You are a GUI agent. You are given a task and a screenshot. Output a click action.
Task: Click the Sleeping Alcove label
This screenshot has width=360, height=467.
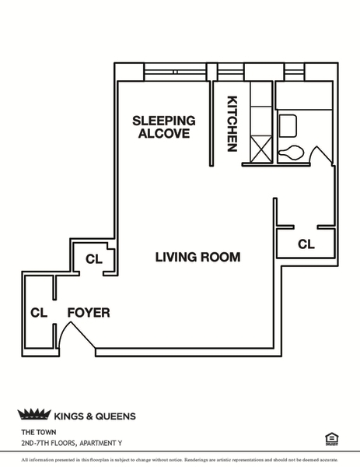click(164, 127)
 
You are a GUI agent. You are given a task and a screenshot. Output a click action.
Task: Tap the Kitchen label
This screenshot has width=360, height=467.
click(232, 124)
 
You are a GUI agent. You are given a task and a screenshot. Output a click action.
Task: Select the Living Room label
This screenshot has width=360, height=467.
click(197, 257)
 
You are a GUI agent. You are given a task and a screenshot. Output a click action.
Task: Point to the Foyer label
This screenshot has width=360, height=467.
click(89, 313)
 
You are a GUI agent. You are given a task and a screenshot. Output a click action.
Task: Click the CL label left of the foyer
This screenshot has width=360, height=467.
click(39, 313)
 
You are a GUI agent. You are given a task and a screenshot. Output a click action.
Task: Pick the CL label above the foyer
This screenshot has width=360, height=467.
click(94, 259)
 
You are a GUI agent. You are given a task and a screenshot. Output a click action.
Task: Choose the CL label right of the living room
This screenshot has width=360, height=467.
click(306, 244)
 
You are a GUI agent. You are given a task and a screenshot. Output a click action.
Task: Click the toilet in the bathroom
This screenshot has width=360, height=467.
click(291, 153)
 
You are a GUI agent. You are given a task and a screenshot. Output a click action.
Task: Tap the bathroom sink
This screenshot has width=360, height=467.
click(288, 126)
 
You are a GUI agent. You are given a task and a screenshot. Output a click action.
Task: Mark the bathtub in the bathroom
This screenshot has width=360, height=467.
click(304, 95)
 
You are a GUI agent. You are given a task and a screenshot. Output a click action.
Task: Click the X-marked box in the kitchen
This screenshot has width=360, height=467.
click(261, 149)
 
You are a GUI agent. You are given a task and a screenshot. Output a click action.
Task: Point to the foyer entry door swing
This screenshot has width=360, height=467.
click(77, 335)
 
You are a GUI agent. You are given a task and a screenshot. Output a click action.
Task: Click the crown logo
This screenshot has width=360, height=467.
click(34, 415)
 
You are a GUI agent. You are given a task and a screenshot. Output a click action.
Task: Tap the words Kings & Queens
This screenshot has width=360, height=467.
click(95, 416)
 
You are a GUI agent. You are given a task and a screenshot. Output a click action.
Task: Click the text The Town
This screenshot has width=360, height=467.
click(39, 432)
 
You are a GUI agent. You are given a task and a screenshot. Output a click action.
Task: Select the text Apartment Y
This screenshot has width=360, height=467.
click(100, 444)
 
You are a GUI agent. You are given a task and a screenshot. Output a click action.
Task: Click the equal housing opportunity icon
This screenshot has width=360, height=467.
click(332, 439)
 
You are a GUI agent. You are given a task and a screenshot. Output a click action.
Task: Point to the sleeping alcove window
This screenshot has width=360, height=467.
click(175, 72)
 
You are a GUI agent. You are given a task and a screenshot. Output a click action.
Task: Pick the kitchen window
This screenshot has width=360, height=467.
click(231, 72)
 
